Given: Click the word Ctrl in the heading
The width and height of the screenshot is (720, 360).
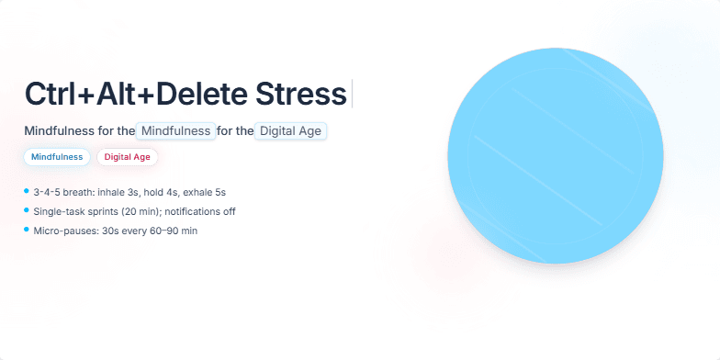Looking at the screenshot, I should coord(51,95).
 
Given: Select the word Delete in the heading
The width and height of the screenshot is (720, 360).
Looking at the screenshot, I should coord(195,95).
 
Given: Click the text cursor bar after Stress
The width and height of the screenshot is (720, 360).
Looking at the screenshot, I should coord(352,94).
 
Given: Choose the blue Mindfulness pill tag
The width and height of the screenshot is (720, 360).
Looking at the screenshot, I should coord(57,157).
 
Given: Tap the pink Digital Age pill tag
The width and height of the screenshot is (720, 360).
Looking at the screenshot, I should coord(128,157).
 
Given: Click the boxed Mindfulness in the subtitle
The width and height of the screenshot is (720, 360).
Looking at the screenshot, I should coord(175,131).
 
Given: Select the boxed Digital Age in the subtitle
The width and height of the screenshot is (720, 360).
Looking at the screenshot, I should coord(290,131).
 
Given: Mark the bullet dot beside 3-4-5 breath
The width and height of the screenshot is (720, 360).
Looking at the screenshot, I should coord(27,191).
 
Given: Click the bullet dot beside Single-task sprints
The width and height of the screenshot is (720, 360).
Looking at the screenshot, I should coord(27,210).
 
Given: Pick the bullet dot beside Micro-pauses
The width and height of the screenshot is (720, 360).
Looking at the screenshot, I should coord(27,230).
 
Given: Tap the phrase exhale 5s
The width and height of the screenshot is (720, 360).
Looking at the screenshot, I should coord(205,192).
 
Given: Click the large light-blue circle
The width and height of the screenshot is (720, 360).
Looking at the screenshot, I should coord(555,155).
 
